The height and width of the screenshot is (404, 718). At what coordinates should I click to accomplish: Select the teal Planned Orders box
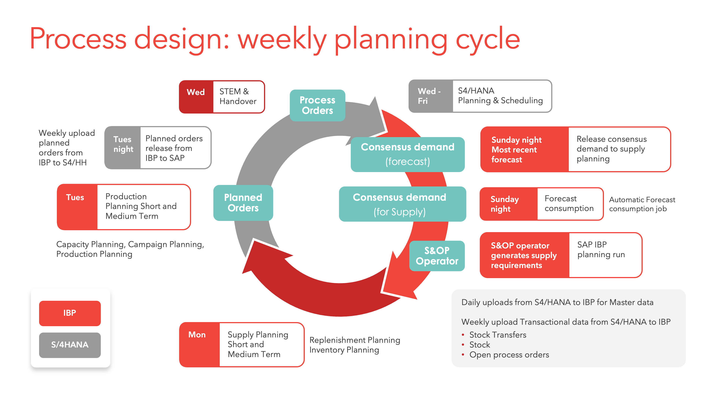[x=243, y=203]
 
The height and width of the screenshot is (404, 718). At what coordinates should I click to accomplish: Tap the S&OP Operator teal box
[x=437, y=256]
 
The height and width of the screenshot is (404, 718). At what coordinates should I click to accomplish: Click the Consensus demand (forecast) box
[x=407, y=154]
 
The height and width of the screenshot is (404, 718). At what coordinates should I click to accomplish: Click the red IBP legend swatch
[x=70, y=313]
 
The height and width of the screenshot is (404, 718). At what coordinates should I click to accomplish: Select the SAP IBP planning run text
[x=601, y=250]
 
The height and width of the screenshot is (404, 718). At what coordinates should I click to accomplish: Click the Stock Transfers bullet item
[x=498, y=335]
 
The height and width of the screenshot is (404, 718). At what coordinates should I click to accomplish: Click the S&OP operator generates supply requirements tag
[x=524, y=255]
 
